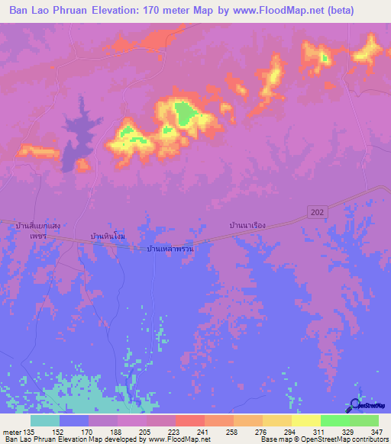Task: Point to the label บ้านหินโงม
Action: (107, 237)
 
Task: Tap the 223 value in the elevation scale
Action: (176, 432)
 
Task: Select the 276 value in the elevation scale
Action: (262, 432)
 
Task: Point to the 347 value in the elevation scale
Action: (377, 432)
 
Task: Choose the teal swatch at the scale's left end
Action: (45, 420)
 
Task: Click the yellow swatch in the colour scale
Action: (305, 420)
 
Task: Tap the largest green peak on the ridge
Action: (184, 114)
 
